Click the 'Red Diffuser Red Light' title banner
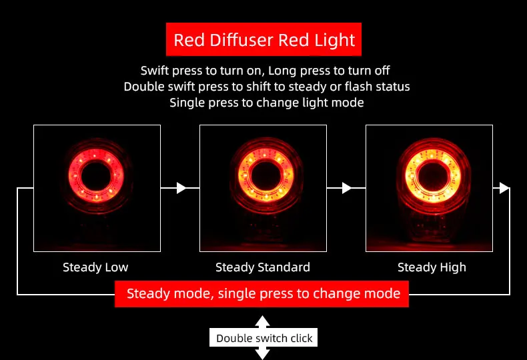click(x=263, y=40)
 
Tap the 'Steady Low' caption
click(x=95, y=267)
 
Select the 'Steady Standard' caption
click(x=263, y=267)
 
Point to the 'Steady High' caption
click(x=432, y=267)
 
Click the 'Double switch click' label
click(x=264, y=338)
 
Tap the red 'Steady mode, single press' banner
click(x=263, y=293)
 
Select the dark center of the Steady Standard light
click(x=263, y=175)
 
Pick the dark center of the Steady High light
click(x=429, y=175)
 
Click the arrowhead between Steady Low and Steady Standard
click(x=181, y=188)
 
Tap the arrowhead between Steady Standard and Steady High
click(x=347, y=188)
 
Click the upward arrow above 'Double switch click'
click(x=262, y=321)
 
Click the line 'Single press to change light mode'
click(x=266, y=103)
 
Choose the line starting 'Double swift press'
click(x=266, y=87)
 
